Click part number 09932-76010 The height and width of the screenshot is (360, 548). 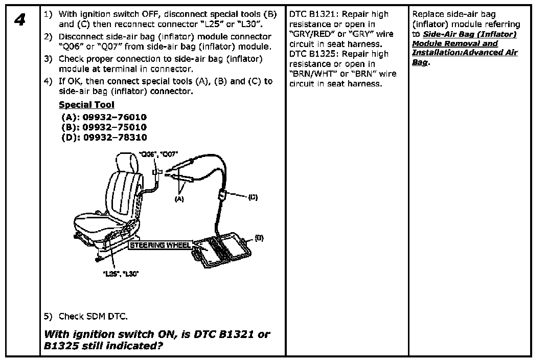tap(115, 117)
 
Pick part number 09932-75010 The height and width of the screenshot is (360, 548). tap(115, 127)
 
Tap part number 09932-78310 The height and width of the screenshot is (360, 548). tap(115, 138)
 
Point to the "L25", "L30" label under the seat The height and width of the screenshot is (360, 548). tap(121, 274)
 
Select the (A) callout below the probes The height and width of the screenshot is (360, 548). tap(179, 199)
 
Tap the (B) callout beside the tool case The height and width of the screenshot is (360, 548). tap(259, 237)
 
